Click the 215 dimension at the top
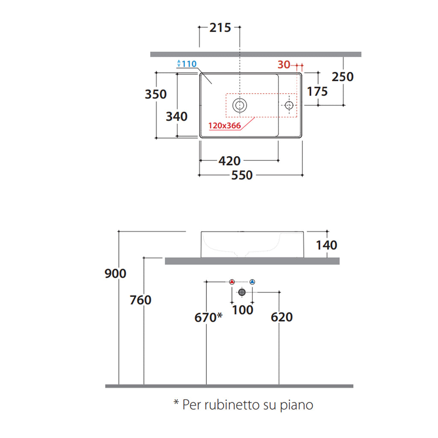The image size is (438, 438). (x=220, y=28)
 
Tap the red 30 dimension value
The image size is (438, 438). (x=284, y=65)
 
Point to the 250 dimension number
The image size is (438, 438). (x=343, y=77)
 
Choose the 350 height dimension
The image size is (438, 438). (x=156, y=94)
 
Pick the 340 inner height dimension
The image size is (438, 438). (x=177, y=116)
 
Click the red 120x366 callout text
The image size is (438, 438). (x=225, y=126)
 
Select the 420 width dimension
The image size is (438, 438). (x=229, y=161)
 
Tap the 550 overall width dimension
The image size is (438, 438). (x=242, y=175)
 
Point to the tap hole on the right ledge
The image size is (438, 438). (x=290, y=105)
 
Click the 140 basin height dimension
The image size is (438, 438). (x=326, y=245)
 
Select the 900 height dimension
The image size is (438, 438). (x=115, y=273)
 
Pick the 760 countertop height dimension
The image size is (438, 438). (x=141, y=300)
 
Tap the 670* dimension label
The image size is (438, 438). (x=208, y=317)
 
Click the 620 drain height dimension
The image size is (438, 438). (x=282, y=317)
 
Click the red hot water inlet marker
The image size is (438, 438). (x=232, y=281)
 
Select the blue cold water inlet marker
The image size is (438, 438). (x=252, y=281)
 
